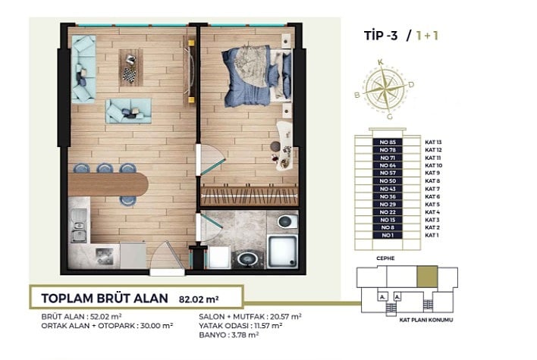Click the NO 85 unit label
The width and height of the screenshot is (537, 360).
click(388, 142)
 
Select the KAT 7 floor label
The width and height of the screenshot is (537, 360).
click(432, 189)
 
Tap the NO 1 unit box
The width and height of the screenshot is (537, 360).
click(388, 236)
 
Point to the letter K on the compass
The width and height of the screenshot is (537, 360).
click(380, 62)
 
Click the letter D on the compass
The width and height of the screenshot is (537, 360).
click(411, 85)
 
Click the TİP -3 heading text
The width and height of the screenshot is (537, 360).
click(381, 36)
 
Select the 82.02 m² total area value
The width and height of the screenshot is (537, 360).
click(199, 299)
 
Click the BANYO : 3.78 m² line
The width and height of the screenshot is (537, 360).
click(229, 335)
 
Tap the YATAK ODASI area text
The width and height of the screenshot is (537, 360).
click(240, 326)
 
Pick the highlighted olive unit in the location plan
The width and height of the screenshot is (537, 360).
click(427, 277)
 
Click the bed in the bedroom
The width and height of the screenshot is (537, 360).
click(257, 76)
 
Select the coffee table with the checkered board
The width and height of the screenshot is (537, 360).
click(130, 67)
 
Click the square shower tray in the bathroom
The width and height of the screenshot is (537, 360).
click(282, 252)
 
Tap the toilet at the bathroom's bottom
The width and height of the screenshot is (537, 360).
click(247, 258)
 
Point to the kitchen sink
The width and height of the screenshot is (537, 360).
click(79, 226)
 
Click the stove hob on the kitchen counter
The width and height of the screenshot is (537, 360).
click(104, 255)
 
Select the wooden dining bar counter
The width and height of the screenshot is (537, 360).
click(108, 184)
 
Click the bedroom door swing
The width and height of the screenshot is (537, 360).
click(211, 160)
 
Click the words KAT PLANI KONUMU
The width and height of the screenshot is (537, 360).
click(426, 320)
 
